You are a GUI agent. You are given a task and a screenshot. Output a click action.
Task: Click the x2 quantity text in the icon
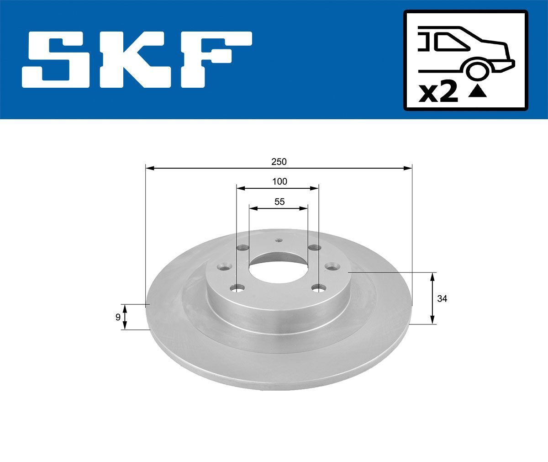438,93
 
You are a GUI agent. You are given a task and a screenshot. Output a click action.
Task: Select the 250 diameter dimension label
279,162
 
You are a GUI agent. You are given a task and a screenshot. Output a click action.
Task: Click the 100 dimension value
279,181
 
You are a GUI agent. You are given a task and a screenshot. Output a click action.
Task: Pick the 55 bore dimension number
279,202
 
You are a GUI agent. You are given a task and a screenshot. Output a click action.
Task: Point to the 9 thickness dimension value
118,317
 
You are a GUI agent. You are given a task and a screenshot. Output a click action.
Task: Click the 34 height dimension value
442,299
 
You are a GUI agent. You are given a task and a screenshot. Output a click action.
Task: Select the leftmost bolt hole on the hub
224,266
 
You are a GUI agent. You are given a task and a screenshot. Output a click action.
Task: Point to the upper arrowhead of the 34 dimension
432,276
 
